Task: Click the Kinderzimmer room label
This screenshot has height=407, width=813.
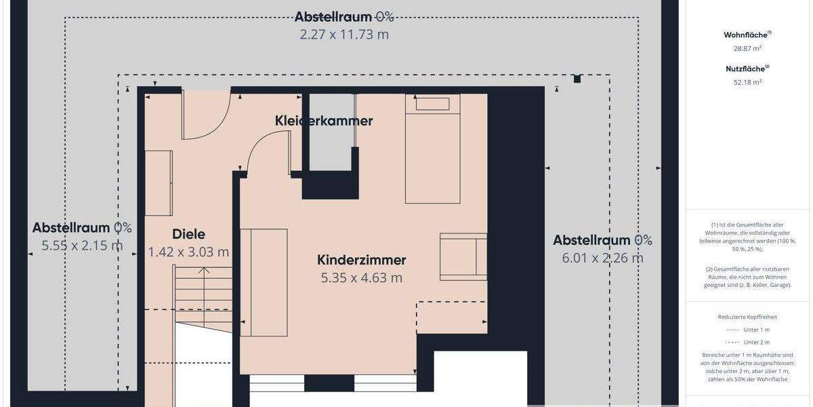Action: click(x=362, y=260)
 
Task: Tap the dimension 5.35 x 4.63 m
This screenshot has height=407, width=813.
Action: click(x=362, y=277)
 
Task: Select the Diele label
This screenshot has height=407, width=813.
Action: click(x=188, y=234)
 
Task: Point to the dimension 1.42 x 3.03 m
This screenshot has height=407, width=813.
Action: click(x=188, y=252)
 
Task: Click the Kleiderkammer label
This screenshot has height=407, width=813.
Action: click(x=324, y=121)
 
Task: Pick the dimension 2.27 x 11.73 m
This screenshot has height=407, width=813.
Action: click(x=344, y=34)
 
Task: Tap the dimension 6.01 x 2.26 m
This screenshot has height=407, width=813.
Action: click(x=602, y=258)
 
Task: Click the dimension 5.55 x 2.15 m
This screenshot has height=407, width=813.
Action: click(x=82, y=246)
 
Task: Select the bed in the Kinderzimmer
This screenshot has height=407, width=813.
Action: click(x=432, y=149)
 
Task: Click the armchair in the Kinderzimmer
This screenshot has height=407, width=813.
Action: click(x=463, y=256)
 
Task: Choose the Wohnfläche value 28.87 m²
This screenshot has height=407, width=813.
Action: click(x=747, y=48)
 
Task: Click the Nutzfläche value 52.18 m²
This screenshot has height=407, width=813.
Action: click(x=747, y=82)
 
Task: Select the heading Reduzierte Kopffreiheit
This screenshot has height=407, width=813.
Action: click(x=747, y=317)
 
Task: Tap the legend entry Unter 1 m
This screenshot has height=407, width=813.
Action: click(x=747, y=330)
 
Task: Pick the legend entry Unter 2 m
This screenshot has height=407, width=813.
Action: click(x=747, y=342)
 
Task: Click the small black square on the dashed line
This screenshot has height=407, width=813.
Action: click(x=577, y=79)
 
